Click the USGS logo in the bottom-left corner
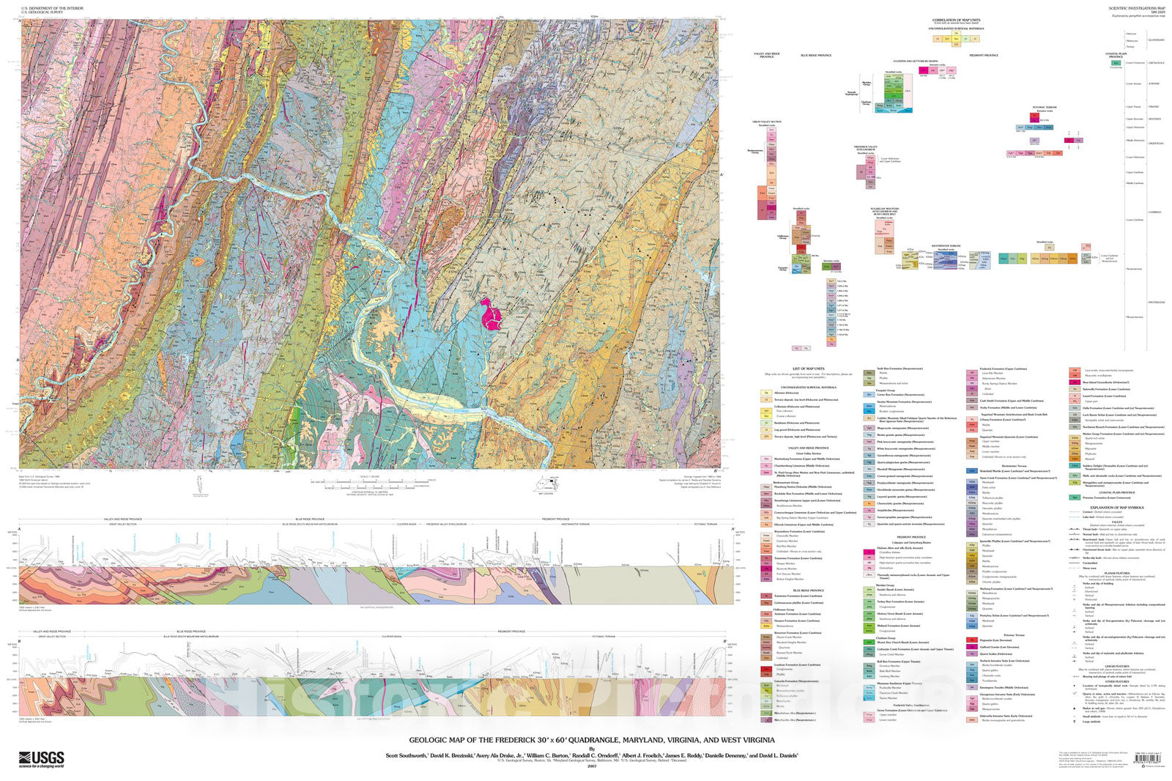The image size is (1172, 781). pos(42,759)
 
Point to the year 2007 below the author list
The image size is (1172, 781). pos(582,767)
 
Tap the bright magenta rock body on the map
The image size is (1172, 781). pos(491,314)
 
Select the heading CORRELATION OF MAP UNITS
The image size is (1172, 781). pos(956,21)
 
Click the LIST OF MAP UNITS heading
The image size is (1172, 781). pos(808,369)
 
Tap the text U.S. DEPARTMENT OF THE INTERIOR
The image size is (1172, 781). pos(47,8)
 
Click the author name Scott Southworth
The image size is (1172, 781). pos(407,755)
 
